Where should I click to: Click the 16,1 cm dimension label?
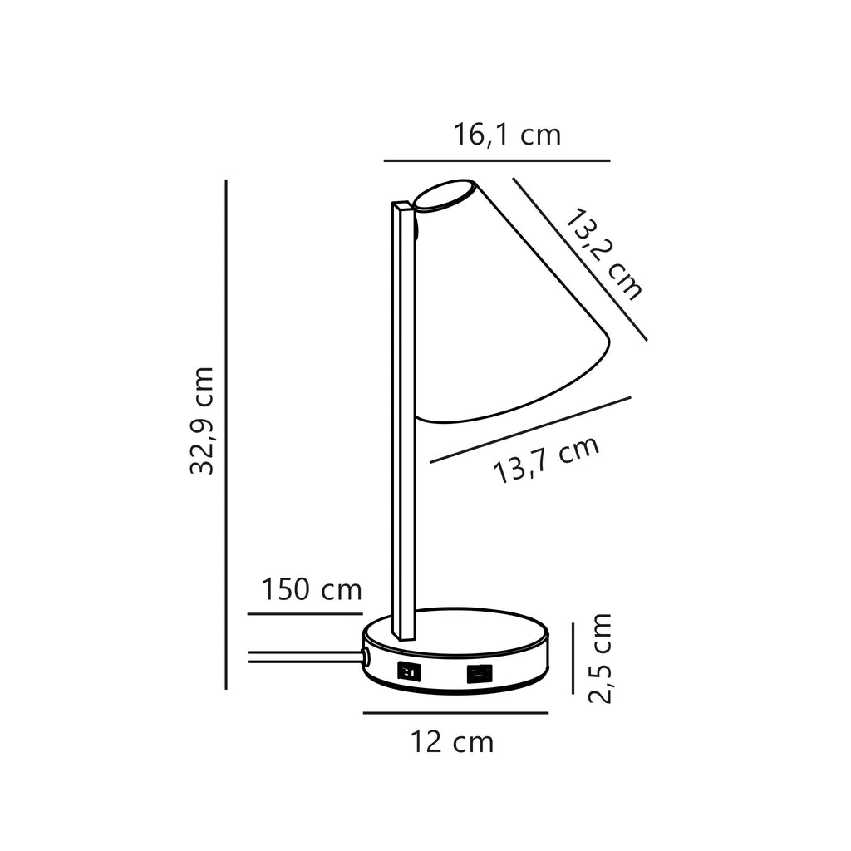point(507,135)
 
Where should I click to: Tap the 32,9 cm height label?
point(203,421)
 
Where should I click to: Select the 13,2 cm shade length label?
point(603,253)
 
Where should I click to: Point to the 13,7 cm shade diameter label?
point(547,459)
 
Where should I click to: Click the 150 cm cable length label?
point(312,589)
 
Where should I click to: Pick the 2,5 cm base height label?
point(600,658)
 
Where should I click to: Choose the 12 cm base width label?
point(452,742)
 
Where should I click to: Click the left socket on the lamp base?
point(409,671)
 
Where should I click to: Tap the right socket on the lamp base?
point(480,674)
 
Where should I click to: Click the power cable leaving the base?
point(306,657)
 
